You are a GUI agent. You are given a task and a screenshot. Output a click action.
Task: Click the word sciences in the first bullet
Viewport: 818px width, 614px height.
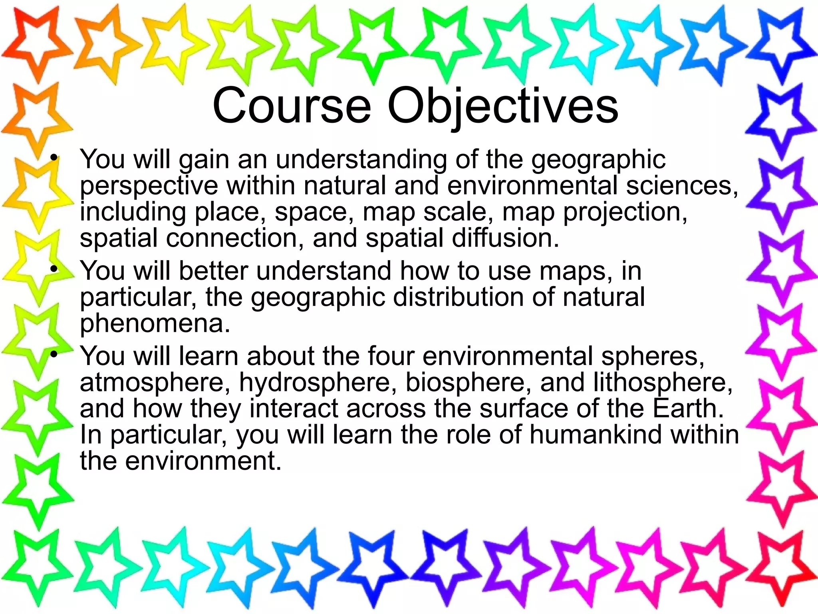[681, 186]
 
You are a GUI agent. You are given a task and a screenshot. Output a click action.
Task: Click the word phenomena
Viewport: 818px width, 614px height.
[155, 324]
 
